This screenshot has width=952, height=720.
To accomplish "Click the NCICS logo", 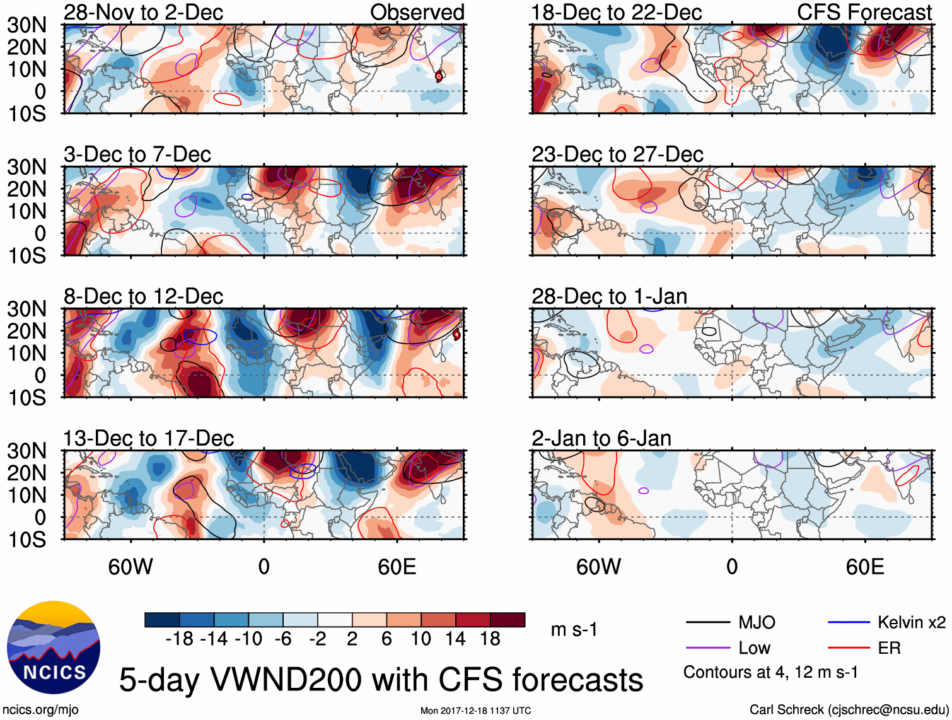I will [54, 647].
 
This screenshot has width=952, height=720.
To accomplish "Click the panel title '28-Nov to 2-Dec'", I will [143, 12].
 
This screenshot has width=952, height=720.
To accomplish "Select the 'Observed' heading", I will [417, 12].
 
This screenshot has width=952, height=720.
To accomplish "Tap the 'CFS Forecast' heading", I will [864, 12].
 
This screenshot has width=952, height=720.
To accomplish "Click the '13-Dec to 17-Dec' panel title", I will [148, 438].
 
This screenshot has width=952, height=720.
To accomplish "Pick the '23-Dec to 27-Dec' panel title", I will [617, 154].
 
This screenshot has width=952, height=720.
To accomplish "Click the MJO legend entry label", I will [757, 623].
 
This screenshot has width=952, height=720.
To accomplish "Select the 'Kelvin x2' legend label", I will [911, 623].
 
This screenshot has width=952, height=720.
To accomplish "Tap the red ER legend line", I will [848, 648].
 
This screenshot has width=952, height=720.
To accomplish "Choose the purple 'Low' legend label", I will [754, 648].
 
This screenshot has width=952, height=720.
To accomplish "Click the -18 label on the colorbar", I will [180, 639].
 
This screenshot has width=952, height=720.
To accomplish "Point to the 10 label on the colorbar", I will [421, 639].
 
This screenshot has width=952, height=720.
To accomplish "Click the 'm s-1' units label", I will [574, 630].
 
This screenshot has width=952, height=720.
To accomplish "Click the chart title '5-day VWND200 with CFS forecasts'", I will [381, 680].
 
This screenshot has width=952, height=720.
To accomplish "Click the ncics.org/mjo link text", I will [40, 710].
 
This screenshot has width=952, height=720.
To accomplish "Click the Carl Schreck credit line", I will [849, 710].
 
